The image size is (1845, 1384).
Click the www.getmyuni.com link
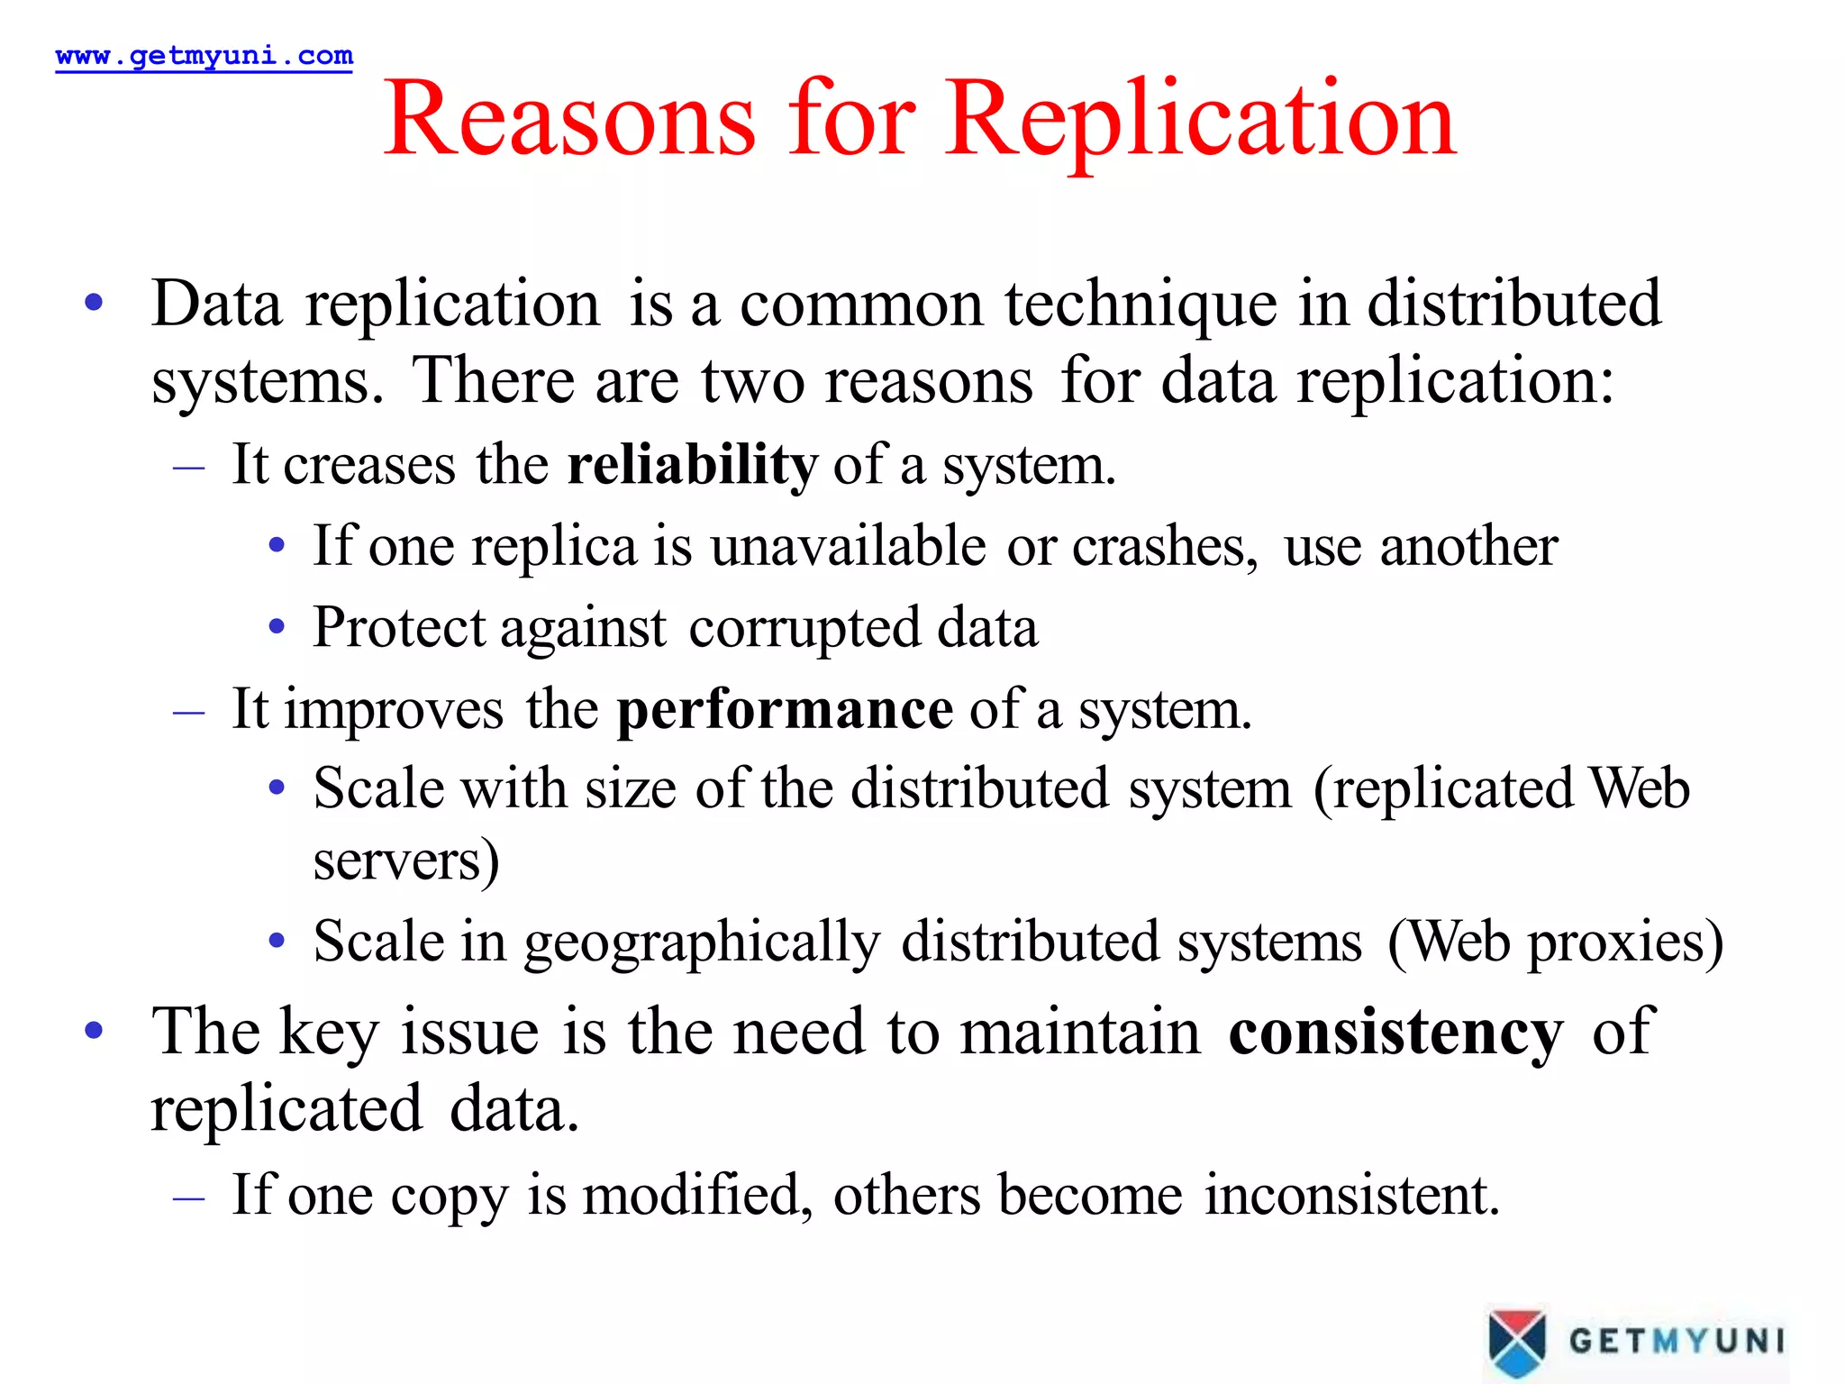(204, 56)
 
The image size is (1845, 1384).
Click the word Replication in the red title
(1200, 120)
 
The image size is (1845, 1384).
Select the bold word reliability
(692, 466)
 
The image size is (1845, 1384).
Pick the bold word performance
(784, 710)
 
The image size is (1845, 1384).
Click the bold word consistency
(1395, 1032)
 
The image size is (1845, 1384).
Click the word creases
(369, 466)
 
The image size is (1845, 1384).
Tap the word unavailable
(848, 547)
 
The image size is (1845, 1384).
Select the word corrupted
(804, 628)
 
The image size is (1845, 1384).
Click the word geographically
(702, 943)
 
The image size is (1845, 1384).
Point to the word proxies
(1624, 943)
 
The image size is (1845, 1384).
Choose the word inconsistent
(1352, 1196)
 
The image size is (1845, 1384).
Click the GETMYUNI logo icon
(1517, 1342)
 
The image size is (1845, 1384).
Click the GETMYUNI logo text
(1676, 1341)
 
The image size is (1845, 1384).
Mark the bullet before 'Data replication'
(94, 303)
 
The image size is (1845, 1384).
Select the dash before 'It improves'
(189, 712)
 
